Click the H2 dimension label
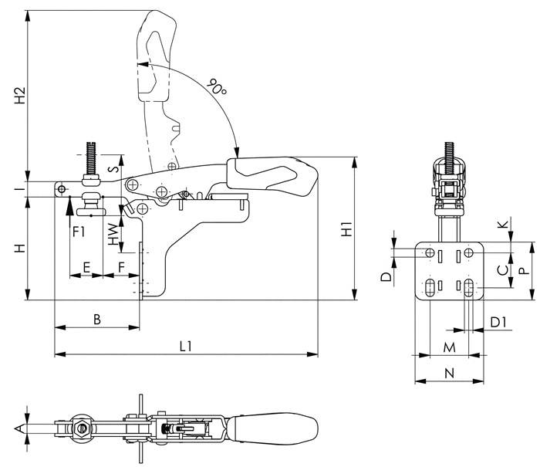[20, 96]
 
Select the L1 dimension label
[186, 346]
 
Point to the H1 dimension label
[346, 228]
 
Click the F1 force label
[79, 232]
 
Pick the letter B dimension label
[97, 320]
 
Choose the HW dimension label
[113, 234]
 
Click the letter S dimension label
[113, 169]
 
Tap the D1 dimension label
[498, 323]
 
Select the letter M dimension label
[449, 347]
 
